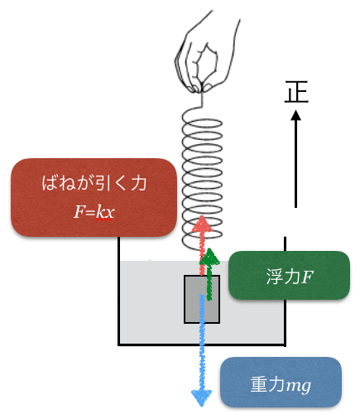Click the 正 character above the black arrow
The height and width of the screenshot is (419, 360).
pyautogui.click(x=296, y=92)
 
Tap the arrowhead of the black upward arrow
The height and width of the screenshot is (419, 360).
pyautogui.click(x=296, y=115)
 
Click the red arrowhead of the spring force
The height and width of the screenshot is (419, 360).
pyautogui.click(x=202, y=224)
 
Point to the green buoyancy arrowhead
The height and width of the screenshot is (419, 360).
pyautogui.click(x=209, y=257)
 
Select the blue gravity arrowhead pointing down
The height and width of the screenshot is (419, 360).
pyautogui.click(x=202, y=397)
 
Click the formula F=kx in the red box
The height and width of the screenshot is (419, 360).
pyautogui.click(x=94, y=213)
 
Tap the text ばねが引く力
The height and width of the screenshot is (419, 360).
pyautogui.click(x=94, y=183)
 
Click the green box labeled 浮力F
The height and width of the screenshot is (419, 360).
pyautogui.click(x=289, y=275)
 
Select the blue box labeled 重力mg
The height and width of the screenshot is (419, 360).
pyautogui.click(x=281, y=382)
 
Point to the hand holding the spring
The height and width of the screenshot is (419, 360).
pyautogui.click(x=207, y=52)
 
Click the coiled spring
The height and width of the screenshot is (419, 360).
pyautogui.click(x=202, y=176)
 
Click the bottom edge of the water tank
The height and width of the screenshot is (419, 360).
pyautogui.click(x=202, y=344)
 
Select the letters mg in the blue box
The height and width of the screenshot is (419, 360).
pyautogui.click(x=299, y=385)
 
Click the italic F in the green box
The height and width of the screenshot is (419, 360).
pyautogui.click(x=307, y=277)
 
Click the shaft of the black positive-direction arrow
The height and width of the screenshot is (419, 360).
pyautogui.click(x=295, y=164)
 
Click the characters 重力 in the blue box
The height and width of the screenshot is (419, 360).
pyautogui.click(x=267, y=384)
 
